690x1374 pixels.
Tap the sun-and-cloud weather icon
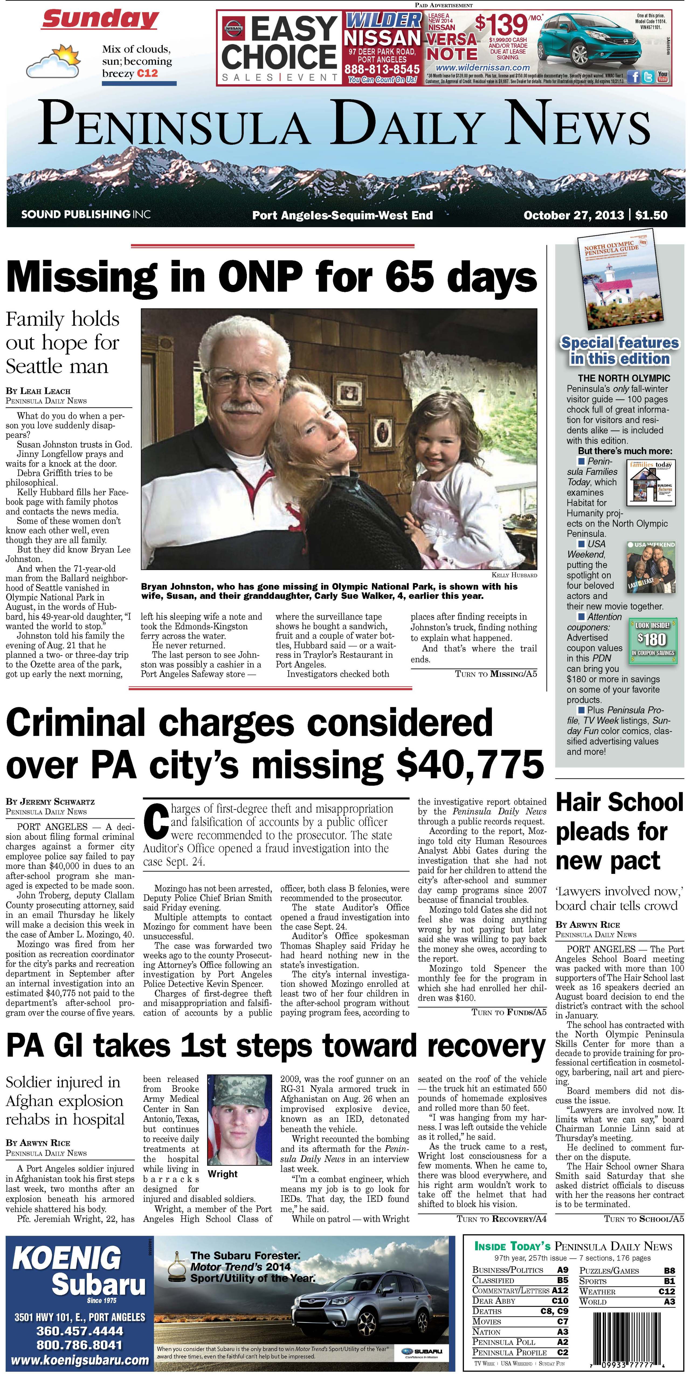click(53, 63)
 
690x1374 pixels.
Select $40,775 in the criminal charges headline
click(469, 764)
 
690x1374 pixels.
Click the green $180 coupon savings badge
click(653, 640)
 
